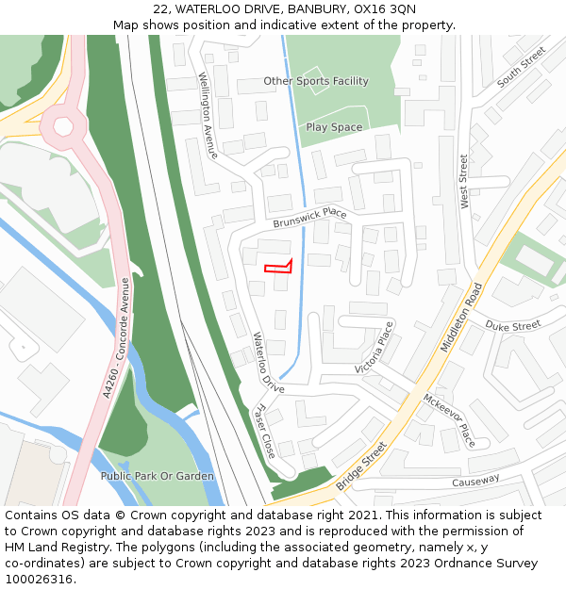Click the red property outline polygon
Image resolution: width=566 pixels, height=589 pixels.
tap(278, 268)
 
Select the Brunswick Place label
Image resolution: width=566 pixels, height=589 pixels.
tap(310, 219)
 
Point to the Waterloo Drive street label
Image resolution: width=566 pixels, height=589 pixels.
tap(268, 363)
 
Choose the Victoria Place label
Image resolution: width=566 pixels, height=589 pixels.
tap(375, 347)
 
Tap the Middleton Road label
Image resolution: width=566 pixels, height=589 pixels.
tap(461, 317)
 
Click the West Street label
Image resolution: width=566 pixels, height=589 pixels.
tap(464, 181)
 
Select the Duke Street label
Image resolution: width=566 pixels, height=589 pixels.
tap(513, 325)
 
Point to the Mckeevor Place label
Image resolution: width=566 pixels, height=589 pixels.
tap(449, 420)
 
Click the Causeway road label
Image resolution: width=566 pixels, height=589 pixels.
tap(475, 481)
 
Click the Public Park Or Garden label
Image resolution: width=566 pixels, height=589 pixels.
tap(158, 476)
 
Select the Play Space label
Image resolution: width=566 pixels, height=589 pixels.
tap(334, 127)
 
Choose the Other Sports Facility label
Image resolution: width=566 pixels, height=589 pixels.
tap(316, 81)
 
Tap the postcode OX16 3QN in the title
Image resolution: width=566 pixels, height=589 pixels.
tap(390, 8)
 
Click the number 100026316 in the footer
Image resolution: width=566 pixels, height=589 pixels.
tap(40, 580)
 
